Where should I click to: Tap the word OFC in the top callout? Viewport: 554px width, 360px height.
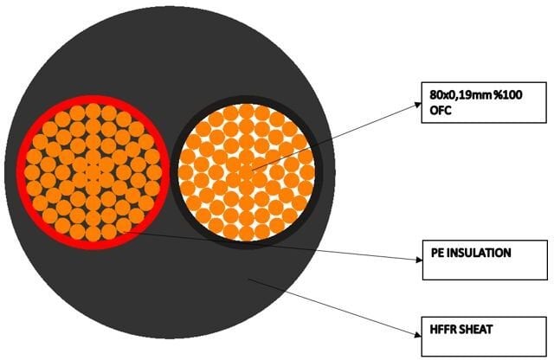[441, 111]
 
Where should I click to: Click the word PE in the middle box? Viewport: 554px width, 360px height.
[437, 253]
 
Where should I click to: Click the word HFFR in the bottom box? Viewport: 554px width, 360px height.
[442, 329]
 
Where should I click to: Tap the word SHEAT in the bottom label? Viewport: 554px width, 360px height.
[475, 329]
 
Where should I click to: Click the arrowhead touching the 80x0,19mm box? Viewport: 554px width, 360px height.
[418, 105]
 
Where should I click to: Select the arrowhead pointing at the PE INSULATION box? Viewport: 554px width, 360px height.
[419, 260]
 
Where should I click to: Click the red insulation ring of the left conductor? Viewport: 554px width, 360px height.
[22, 172]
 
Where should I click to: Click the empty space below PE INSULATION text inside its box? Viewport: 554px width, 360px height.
[485, 269]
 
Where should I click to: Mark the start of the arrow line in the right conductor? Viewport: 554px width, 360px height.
[252, 170]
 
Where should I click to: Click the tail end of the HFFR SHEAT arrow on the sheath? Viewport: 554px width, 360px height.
[248, 280]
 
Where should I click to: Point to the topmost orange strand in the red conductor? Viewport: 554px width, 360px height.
[93, 111]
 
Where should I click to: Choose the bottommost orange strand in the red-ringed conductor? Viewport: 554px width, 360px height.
[93, 234]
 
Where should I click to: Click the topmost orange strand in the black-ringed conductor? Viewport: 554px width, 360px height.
[246, 111]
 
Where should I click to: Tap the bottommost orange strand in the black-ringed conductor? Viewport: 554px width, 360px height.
[246, 234]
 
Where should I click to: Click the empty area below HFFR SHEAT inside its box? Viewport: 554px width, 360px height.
[484, 345]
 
